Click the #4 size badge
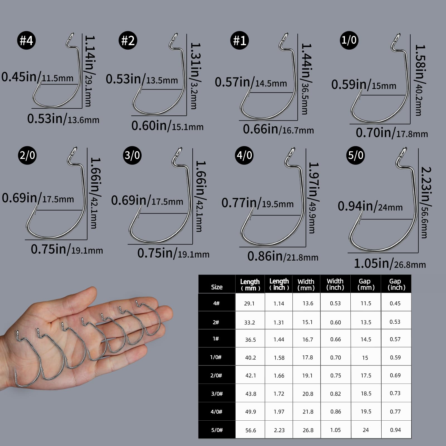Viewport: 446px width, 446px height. point(26,40)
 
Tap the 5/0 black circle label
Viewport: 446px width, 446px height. point(356,155)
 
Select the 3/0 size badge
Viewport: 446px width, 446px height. point(132,155)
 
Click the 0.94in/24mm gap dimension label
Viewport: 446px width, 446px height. point(370,207)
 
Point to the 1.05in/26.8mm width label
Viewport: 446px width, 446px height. point(390,263)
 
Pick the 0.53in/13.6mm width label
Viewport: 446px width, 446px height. point(63,119)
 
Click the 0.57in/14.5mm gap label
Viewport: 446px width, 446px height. point(251,82)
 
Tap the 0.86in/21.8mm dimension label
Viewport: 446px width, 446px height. point(283,256)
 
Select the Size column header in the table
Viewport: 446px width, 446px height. point(217,287)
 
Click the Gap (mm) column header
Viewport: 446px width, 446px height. point(366,284)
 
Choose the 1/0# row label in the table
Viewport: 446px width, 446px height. point(216,357)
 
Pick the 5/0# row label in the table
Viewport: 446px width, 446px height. point(217,430)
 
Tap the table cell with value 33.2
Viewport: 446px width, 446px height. point(249,323)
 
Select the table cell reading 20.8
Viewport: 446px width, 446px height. point(308,394)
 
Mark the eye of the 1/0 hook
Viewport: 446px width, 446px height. point(397,38)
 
